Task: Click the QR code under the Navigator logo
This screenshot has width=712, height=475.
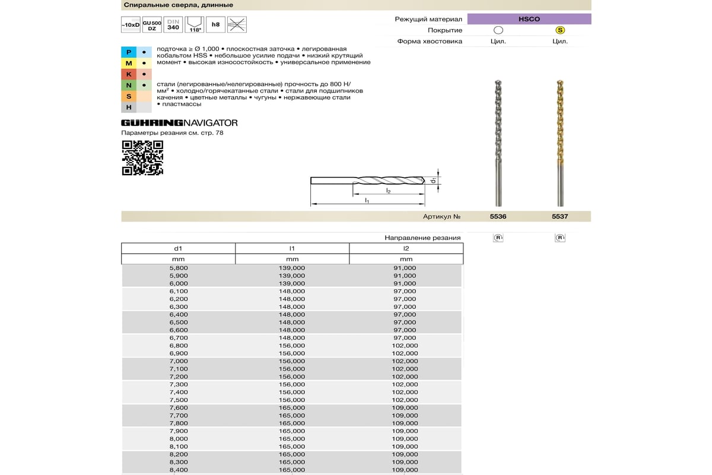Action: click(x=142, y=158)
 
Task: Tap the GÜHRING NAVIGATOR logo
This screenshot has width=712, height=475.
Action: click(x=179, y=123)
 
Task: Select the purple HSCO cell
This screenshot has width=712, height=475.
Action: click(x=529, y=19)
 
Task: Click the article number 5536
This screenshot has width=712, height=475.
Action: click(x=498, y=217)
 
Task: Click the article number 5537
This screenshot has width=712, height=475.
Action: click(x=560, y=217)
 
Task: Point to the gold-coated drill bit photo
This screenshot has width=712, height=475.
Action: click(x=560, y=142)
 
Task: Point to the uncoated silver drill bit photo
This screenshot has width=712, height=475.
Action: click(x=498, y=142)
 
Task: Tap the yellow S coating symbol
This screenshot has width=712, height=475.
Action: click(x=560, y=30)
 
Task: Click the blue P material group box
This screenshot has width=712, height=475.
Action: click(x=129, y=52)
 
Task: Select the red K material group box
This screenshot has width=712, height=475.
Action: click(x=129, y=74)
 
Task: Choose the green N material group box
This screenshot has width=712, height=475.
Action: click(x=129, y=85)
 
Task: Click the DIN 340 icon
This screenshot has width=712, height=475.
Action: click(x=173, y=25)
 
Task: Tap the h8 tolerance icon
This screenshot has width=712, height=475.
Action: click(x=216, y=25)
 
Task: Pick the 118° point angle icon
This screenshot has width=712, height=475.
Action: click(x=194, y=25)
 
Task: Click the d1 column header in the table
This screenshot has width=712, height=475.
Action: click(x=179, y=249)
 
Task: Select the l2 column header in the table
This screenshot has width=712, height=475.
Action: click(x=406, y=249)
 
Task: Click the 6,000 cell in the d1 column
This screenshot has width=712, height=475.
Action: click(x=179, y=284)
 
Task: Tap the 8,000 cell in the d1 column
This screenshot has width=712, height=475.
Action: click(x=179, y=439)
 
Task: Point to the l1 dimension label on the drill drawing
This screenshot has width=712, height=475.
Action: click(x=367, y=201)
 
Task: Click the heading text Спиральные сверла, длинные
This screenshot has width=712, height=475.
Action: click(x=177, y=5)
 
